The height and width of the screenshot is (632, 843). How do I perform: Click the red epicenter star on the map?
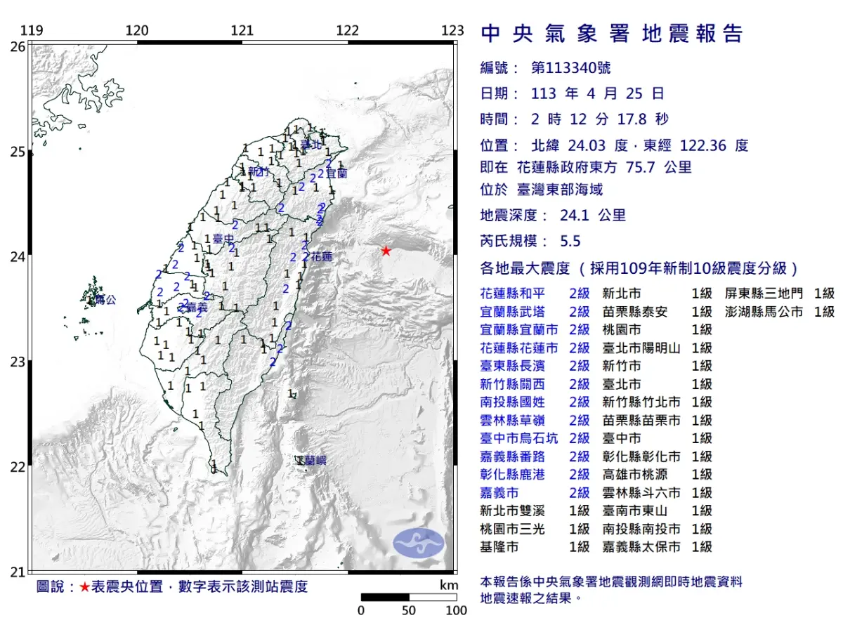[386, 251]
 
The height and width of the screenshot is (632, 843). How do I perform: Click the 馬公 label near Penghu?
[105, 300]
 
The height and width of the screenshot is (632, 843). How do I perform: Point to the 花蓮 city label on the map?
[321, 256]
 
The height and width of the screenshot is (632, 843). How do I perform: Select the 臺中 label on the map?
[223, 239]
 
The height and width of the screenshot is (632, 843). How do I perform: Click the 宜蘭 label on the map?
[336, 172]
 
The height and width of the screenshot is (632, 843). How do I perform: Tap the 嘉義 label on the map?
[197, 307]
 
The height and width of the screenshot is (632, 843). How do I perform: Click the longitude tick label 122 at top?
[347, 30]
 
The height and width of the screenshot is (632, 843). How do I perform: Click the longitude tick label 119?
[31, 30]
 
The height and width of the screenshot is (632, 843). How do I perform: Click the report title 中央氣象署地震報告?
[611, 34]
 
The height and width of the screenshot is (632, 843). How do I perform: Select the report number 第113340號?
[570, 68]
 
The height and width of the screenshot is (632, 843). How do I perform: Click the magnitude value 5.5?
[570, 241]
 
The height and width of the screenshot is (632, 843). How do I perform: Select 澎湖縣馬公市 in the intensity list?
[758, 311]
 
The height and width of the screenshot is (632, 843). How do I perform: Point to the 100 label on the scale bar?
[456, 610]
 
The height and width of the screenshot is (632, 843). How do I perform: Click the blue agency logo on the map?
[419, 543]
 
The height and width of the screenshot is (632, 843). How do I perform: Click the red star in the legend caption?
[84, 587]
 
